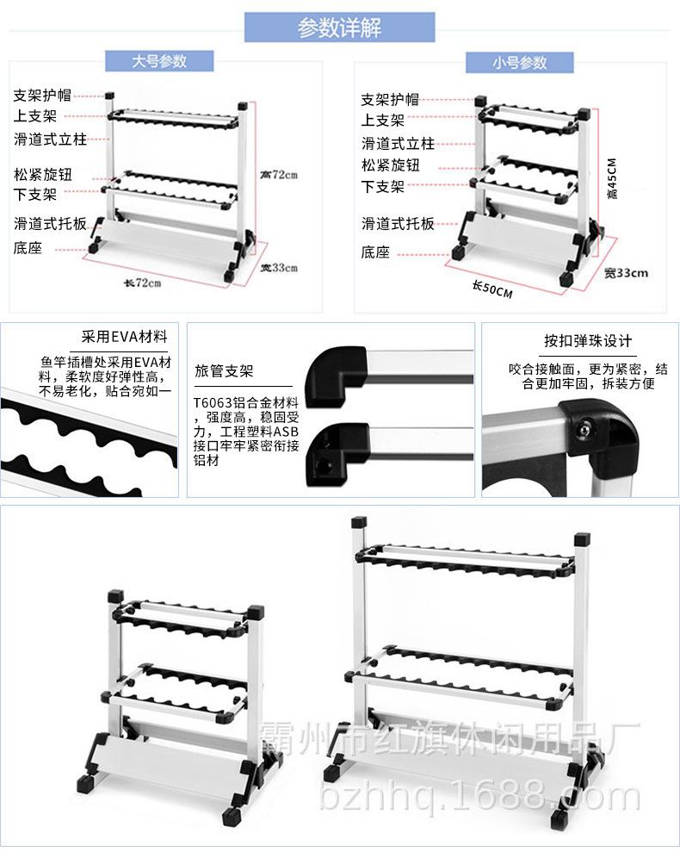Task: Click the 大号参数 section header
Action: [x=159, y=61]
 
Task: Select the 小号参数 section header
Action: [x=519, y=62]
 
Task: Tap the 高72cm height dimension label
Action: [x=278, y=174]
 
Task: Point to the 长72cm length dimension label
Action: [x=143, y=283]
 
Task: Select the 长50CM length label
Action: [x=492, y=289]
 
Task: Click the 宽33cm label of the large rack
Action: [x=278, y=267]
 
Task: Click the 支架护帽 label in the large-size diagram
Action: [x=42, y=96]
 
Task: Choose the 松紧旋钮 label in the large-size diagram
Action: [x=42, y=175]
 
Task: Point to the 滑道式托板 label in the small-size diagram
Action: [x=398, y=224]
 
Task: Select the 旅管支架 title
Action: [x=224, y=372]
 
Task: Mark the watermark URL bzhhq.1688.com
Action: [x=479, y=799]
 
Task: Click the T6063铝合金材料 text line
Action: [x=246, y=402]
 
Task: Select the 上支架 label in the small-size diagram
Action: [x=382, y=121]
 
